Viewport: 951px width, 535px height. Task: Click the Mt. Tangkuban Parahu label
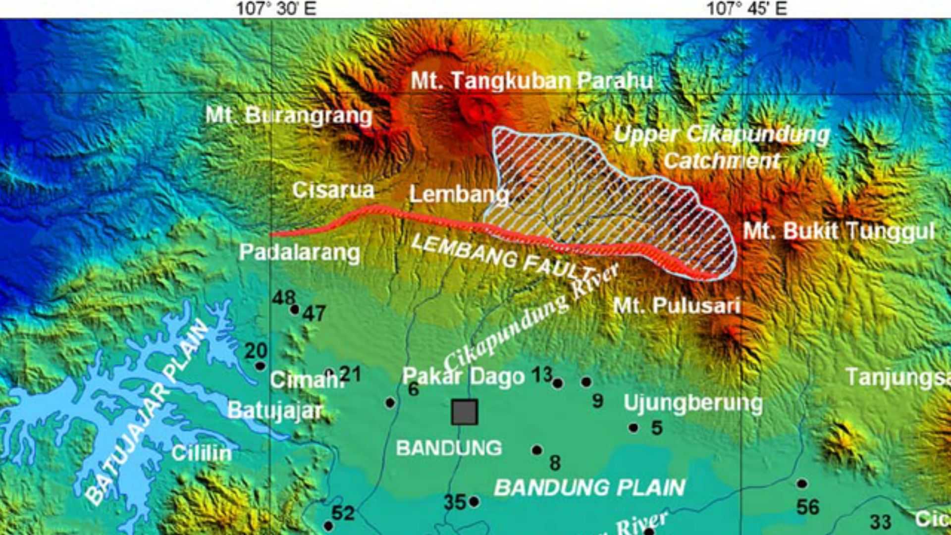(532, 81)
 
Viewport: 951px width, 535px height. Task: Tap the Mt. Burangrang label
(289, 115)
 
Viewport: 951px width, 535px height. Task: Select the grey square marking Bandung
(465, 412)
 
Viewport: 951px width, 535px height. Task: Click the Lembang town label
(459, 194)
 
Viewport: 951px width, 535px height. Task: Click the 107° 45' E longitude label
(746, 8)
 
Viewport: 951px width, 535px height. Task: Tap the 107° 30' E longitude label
(276, 8)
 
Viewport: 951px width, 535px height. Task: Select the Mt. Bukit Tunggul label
(839, 231)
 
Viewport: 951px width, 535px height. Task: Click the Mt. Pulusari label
(677, 305)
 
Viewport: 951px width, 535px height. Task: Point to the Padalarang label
(300, 252)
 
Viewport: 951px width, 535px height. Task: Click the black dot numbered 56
(802, 483)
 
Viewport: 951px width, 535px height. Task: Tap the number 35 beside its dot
(455, 502)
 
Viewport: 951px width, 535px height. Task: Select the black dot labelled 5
(633, 428)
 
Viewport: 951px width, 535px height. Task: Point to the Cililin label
(202, 453)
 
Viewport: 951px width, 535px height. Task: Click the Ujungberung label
(693, 403)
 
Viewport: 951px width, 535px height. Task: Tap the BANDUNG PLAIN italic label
(589, 488)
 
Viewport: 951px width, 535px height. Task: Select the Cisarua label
(333, 190)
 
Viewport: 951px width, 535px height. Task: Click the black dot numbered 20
(260, 366)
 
